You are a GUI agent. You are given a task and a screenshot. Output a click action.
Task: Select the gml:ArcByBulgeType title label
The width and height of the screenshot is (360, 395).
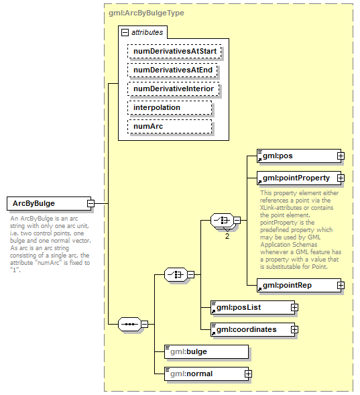pyautogui.click(x=146, y=13)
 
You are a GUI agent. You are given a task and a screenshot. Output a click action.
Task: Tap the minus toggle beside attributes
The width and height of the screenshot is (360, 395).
pyautogui.click(x=125, y=32)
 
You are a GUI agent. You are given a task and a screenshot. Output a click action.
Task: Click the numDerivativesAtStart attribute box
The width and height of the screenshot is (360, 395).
pyautogui.click(x=175, y=50)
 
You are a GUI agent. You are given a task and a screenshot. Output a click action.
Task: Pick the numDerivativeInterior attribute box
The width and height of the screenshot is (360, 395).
pyautogui.click(x=174, y=89)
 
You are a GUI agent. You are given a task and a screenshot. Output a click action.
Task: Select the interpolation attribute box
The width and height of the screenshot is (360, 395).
pyautogui.click(x=170, y=107)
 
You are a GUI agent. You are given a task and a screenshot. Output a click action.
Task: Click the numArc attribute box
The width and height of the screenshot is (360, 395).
pyautogui.click(x=170, y=126)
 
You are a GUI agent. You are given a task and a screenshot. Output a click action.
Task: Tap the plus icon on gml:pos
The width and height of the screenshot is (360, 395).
pyautogui.click(x=341, y=156)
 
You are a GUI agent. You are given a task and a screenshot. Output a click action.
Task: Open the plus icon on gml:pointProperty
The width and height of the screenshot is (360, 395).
pyautogui.click(x=341, y=178)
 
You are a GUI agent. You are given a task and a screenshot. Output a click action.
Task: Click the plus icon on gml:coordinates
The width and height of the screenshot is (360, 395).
pyautogui.click(x=294, y=329)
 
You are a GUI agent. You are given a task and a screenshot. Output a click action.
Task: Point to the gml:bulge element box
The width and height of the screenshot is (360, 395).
pyautogui.click(x=206, y=351)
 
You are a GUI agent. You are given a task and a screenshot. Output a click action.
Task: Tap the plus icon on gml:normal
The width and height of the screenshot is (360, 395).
pyautogui.click(x=248, y=373)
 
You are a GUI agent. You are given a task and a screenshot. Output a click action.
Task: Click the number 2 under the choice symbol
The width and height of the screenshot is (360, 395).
pyautogui.click(x=227, y=236)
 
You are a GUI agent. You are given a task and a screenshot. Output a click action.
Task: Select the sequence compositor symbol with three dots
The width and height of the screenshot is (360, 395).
pyautogui.click(x=129, y=325)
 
